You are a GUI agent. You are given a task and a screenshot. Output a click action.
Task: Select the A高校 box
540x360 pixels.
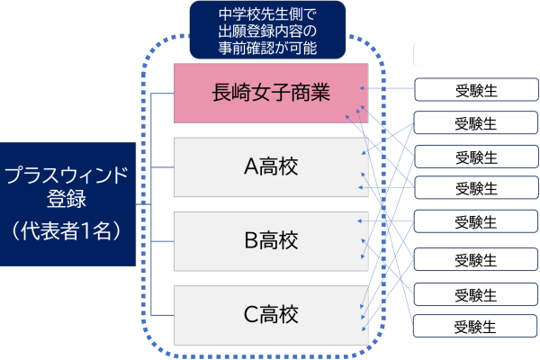(x=271, y=166)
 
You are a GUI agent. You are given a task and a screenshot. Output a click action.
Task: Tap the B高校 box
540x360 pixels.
(x=271, y=241)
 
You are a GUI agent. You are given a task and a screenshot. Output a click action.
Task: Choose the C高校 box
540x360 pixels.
(x=271, y=315)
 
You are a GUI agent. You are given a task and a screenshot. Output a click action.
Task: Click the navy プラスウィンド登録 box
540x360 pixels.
(x=67, y=203)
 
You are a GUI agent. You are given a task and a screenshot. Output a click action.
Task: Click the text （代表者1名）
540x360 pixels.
(x=67, y=229)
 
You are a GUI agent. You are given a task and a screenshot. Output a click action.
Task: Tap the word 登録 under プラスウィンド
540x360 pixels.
(x=67, y=201)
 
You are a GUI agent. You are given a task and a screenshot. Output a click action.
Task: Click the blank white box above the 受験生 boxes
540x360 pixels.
(x=475, y=56)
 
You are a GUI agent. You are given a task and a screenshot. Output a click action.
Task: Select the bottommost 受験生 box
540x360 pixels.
(x=476, y=327)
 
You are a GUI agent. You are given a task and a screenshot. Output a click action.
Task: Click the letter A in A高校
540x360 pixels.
(x=251, y=166)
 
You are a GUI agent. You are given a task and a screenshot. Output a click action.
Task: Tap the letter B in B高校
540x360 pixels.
(x=251, y=241)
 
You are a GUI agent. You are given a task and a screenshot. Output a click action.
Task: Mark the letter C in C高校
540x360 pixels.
(x=251, y=315)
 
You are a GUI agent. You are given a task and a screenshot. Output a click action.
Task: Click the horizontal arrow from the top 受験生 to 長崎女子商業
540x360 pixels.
(x=391, y=89)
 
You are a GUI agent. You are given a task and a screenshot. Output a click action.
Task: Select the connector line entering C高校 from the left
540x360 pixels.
(x=163, y=314)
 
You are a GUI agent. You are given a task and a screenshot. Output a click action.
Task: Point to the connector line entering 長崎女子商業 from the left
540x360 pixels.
(x=163, y=94)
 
